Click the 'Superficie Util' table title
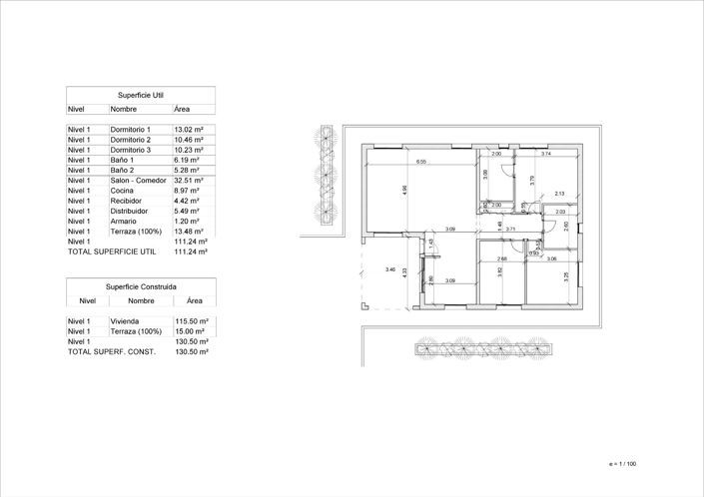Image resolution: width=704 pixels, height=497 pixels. tap(141, 94)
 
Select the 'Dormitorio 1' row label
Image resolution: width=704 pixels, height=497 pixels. tap(130, 130)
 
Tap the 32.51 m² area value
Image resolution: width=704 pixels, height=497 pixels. tap(189, 181)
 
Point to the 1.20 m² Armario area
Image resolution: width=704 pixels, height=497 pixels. tap(187, 221)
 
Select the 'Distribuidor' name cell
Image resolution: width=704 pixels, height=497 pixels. tap(129, 211)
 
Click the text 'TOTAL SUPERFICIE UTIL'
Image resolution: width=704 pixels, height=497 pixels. tap(109, 251)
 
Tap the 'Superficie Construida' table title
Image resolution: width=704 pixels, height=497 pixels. tap(141, 284)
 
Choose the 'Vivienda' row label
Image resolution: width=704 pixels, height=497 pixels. tap(125, 321)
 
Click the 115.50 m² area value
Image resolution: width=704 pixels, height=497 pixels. tap(191, 321)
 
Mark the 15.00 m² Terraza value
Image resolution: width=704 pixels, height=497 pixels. tap(190, 331)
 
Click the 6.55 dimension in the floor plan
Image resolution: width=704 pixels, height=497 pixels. tap(421, 162)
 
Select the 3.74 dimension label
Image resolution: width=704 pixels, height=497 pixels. tap(546, 155)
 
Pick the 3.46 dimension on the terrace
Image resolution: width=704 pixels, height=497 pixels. tap(390, 269)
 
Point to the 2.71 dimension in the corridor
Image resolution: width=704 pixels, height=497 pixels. tap(510, 230)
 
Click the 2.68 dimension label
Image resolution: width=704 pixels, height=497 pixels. tap(501, 258)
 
